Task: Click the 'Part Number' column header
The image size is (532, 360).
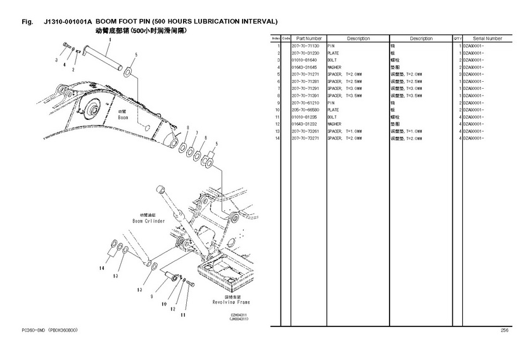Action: [308, 39]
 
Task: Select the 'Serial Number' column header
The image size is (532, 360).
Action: [487, 39]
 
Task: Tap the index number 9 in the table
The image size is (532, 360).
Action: [278, 103]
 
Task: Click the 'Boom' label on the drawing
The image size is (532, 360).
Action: [123, 118]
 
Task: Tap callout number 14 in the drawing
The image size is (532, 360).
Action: [101, 269]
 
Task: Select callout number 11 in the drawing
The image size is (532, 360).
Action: [183, 314]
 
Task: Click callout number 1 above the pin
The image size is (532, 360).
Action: [109, 39]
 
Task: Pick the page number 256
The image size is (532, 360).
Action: [504, 330]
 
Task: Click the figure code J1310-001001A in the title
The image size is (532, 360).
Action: [68, 21]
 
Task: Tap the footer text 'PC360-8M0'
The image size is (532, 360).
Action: [33, 330]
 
